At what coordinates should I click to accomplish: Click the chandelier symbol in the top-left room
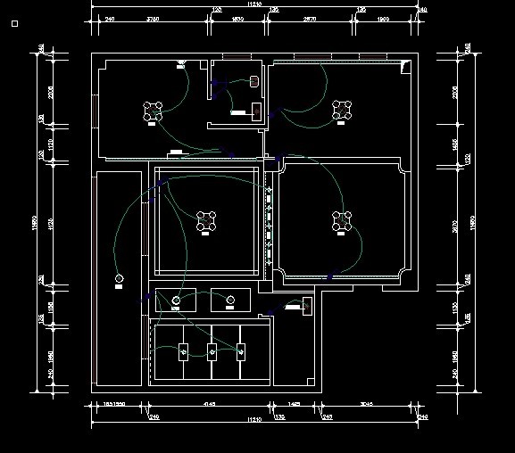[x=154, y=111]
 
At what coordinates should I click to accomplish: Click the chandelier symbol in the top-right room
[x=341, y=110]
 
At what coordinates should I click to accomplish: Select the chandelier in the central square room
[x=207, y=220]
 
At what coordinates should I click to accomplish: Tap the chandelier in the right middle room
[x=341, y=220]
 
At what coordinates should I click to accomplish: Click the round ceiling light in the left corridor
[x=119, y=281]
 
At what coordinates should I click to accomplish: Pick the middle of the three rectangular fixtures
[x=212, y=351]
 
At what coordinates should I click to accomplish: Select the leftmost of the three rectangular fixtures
[x=185, y=351]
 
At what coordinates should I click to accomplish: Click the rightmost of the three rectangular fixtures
[x=239, y=351]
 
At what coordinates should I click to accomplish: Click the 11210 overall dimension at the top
[x=254, y=5]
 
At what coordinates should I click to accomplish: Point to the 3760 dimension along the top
[x=153, y=19]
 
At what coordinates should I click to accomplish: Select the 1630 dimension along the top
[x=237, y=19]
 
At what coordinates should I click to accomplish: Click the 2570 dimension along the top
[x=310, y=19]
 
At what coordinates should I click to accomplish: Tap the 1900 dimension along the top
[x=384, y=19]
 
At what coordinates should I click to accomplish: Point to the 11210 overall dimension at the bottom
[x=254, y=418]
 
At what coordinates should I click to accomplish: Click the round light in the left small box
[x=176, y=300]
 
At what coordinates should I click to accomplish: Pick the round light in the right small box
[x=227, y=300]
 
